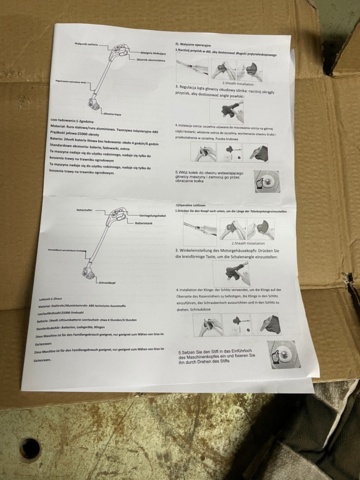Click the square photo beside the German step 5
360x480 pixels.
[x=283, y=354]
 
